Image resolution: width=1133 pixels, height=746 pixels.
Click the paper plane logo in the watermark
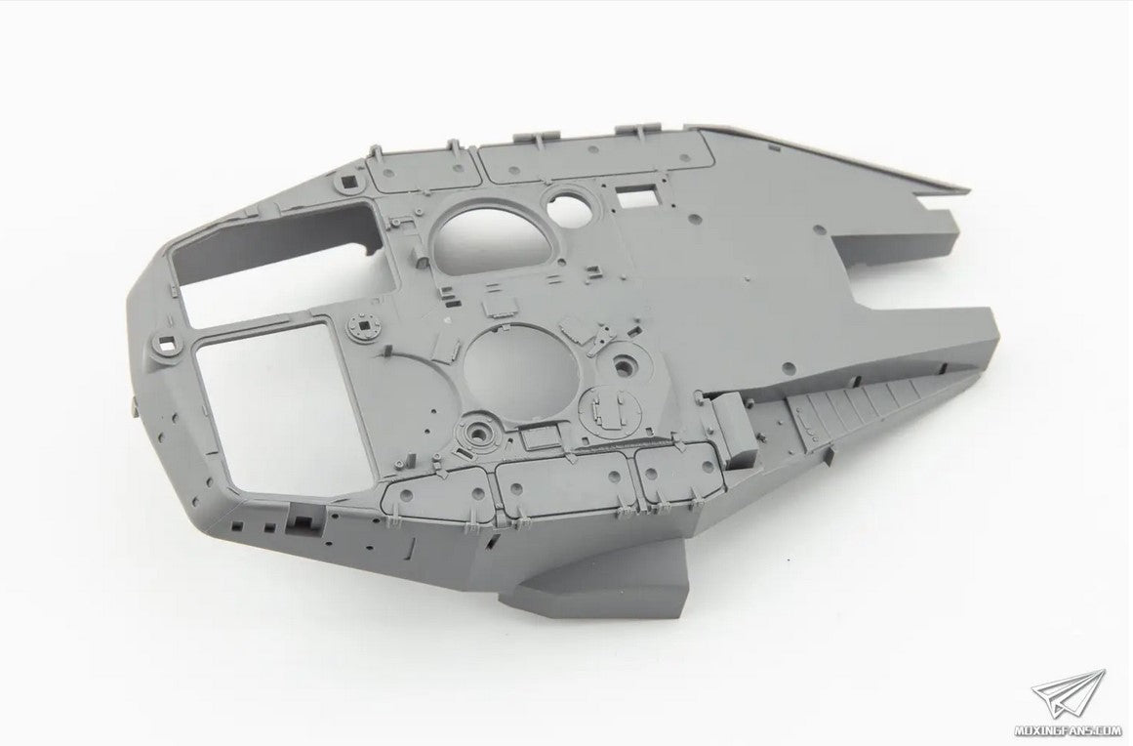1068,695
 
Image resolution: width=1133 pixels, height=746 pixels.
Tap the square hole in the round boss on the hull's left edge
169,344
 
